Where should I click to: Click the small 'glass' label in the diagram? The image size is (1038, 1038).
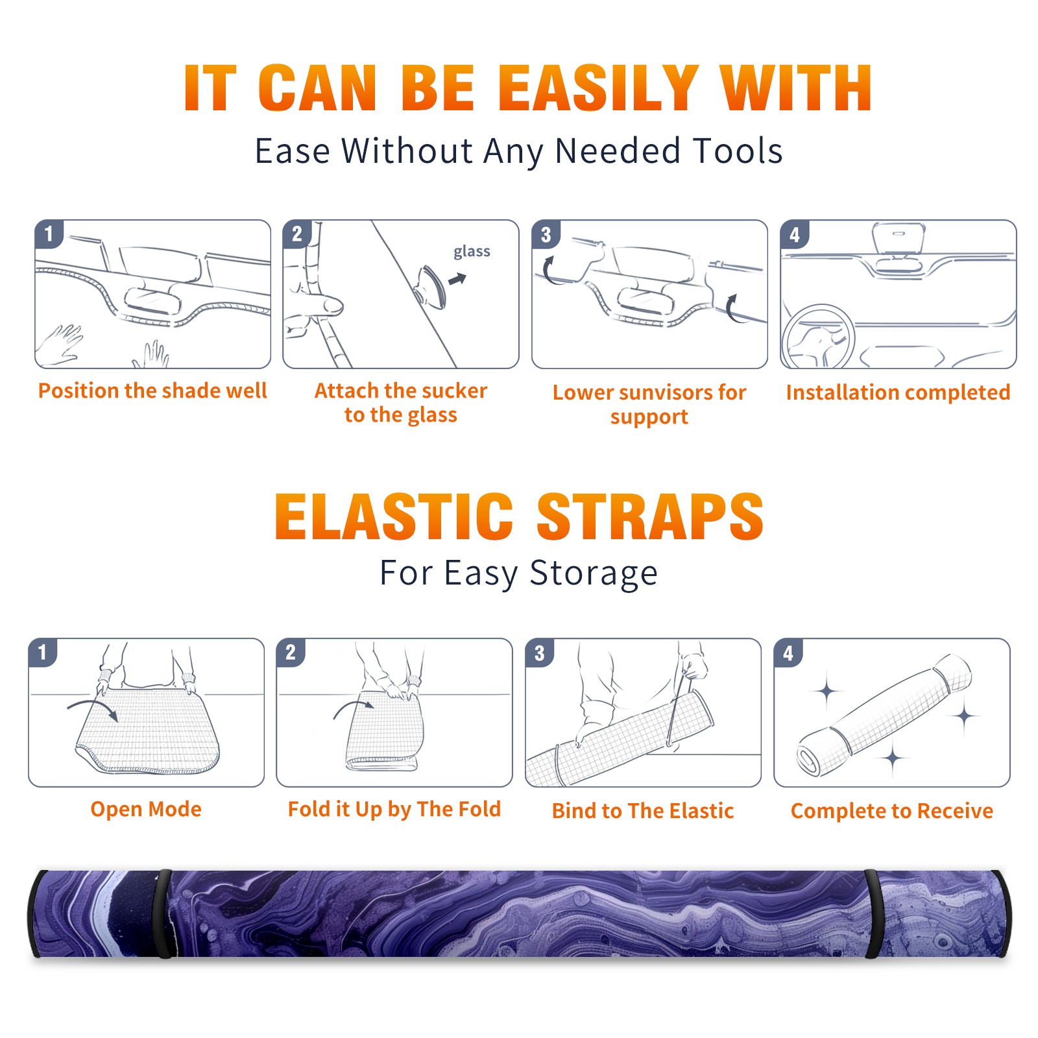[x=472, y=252]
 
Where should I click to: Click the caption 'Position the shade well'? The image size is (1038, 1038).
[x=152, y=391]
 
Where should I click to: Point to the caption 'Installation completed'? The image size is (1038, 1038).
[x=898, y=392]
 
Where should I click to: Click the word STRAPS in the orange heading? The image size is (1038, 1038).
[x=650, y=516]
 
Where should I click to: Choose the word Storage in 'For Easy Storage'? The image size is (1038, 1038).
[x=594, y=573]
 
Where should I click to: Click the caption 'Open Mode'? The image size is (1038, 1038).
[x=146, y=809]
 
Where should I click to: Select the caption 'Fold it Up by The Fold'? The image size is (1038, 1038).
[x=394, y=810]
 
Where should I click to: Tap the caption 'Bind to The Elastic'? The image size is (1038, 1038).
[x=643, y=811]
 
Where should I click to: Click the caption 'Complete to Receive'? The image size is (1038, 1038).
[x=892, y=811]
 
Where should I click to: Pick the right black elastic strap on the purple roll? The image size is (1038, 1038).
[x=873, y=913]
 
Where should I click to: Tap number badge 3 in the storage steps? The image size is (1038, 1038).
[x=540, y=653]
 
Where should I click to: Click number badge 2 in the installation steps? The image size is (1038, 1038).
[x=297, y=234]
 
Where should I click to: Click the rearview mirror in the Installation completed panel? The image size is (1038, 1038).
[x=899, y=239]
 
